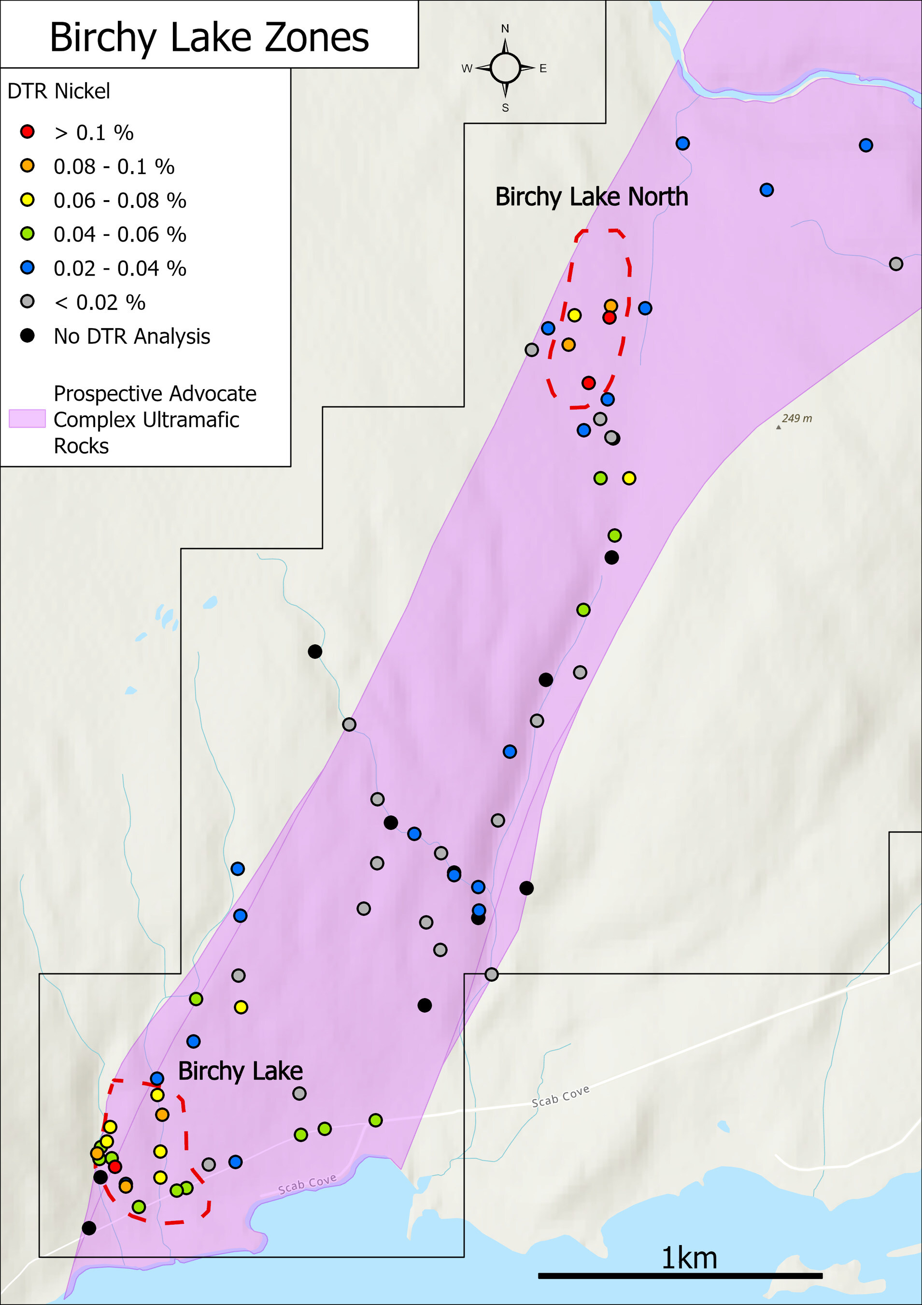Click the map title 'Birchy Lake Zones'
[x=209, y=38]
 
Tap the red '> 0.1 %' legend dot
[x=27, y=132]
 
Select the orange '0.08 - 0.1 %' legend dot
[x=27, y=166]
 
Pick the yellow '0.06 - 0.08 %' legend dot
[x=27, y=200]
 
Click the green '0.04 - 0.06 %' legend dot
[x=27, y=233]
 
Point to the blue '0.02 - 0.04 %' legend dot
[x=27, y=268]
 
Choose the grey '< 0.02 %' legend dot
[x=27, y=302]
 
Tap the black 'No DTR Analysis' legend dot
[x=27, y=335]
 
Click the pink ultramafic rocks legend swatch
[x=27, y=419]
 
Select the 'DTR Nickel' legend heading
[x=58, y=91]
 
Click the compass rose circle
[x=505, y=68]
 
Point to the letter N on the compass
[x=505, y=29]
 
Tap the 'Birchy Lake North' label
[x=591, y=197]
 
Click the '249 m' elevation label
[x=796, y=419]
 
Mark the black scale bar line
[x=680, y=1276]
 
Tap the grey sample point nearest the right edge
[x=896, y=264]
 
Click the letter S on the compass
[x=505, y=108]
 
